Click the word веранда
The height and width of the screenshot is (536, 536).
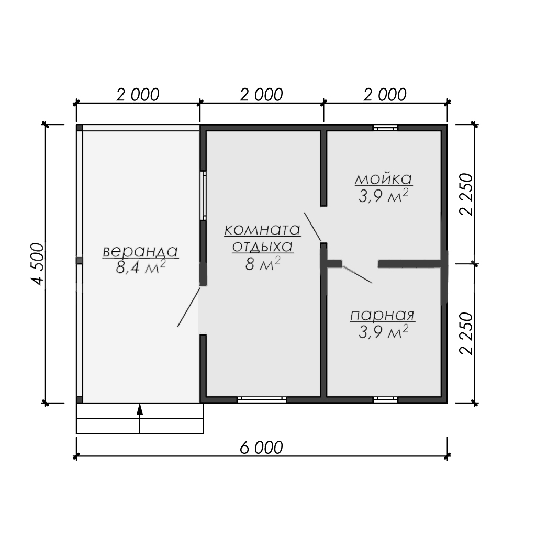(140, 252)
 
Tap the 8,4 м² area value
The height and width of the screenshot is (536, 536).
(140, 266)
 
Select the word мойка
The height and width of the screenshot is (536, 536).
(384, 179)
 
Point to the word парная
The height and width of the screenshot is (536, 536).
(382, 315)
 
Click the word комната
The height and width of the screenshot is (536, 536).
(263, 230)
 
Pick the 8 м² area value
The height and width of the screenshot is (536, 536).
(263, 264)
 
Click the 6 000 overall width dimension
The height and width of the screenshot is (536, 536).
(262, 448)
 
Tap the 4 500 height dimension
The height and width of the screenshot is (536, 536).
(38, 264)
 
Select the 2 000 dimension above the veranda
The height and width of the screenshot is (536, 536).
(138, 95)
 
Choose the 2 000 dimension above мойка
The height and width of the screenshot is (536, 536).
(385, 95)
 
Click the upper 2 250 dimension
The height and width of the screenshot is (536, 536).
(466, 194)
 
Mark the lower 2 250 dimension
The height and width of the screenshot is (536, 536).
(466, 333)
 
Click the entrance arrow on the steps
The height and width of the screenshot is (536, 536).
(139, 419)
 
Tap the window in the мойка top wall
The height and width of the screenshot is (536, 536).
(385, 128)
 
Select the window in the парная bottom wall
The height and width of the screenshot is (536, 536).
(385, 399)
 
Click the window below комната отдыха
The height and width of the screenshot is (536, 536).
(262, 399)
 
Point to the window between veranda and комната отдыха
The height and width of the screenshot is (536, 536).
(204, 196)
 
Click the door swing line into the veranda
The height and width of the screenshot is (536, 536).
(189, 307)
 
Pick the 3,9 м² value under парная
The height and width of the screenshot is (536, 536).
(383, 331)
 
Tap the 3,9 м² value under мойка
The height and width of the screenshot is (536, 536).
(383, 196)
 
